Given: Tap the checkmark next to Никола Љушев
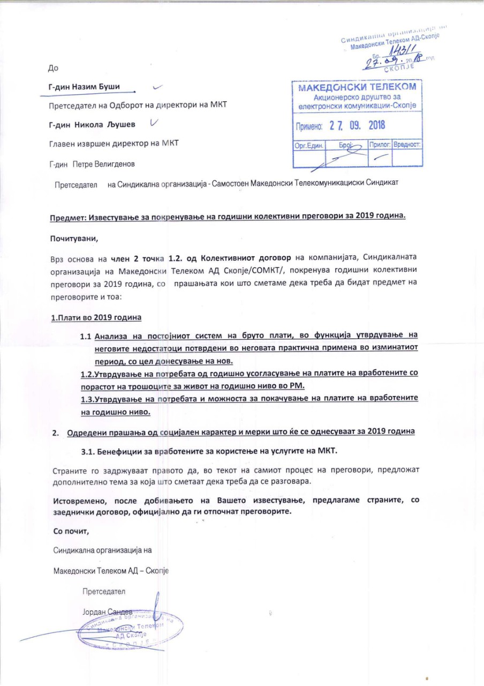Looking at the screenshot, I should click(154, 123).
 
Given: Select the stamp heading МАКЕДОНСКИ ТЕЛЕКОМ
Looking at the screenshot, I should click(358, 87).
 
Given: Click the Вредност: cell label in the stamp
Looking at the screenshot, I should click(407, 145).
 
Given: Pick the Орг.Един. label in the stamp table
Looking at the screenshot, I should click(308, 145).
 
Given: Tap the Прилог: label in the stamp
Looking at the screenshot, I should click(380, 145).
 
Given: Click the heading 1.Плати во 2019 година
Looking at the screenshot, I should click(96, 317).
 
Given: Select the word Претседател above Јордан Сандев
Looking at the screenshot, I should click(103, 592).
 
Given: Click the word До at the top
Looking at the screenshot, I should click(53, 68).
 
